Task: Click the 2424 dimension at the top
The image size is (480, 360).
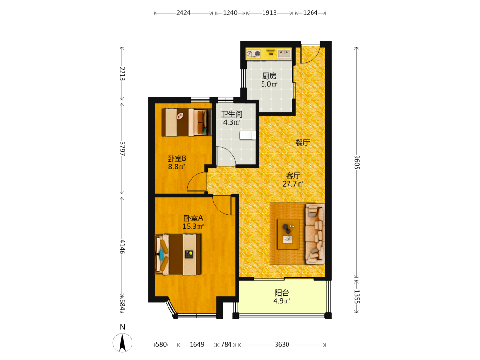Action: pyautogui.click(x=183, y=13)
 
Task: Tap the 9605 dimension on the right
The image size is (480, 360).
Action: pyautogui.click(x=357, y=162)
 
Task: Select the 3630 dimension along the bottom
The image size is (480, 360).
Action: pyautogui.click(x=282, y=344)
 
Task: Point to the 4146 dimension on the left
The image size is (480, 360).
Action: pyautogui.click(x=122, y=247)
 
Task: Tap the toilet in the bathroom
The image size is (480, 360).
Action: pyautogui.click(x=248, y=135)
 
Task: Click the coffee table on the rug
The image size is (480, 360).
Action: pyautogui.click(x=288, y=234)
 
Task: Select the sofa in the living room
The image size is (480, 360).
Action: pyautogui.click(x=315, y=234)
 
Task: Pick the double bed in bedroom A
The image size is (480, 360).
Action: pyautogui.click(x=178, y=254)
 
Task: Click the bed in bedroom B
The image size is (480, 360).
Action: pyautogui.click(x=187, y=122)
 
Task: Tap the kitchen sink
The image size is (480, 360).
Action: pyautogui.click(x=284, y=54)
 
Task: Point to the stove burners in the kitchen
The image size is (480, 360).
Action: pyautogui.click(x=253, y=54)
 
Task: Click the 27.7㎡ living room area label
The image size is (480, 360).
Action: pyautogui.click(x=293, y=184)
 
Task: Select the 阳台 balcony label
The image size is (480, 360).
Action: pyautogui.click(x=282, y=293)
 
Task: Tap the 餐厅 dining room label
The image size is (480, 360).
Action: pyautogui.click(x=302, y=143)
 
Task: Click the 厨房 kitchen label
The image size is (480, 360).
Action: pyautogui.click(x=269, y=76)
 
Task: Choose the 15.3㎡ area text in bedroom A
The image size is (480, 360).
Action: pyautogui.click(x=193, y=227)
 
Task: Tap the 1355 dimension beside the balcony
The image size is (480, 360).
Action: pyautogui.click(x=357, y=297)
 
